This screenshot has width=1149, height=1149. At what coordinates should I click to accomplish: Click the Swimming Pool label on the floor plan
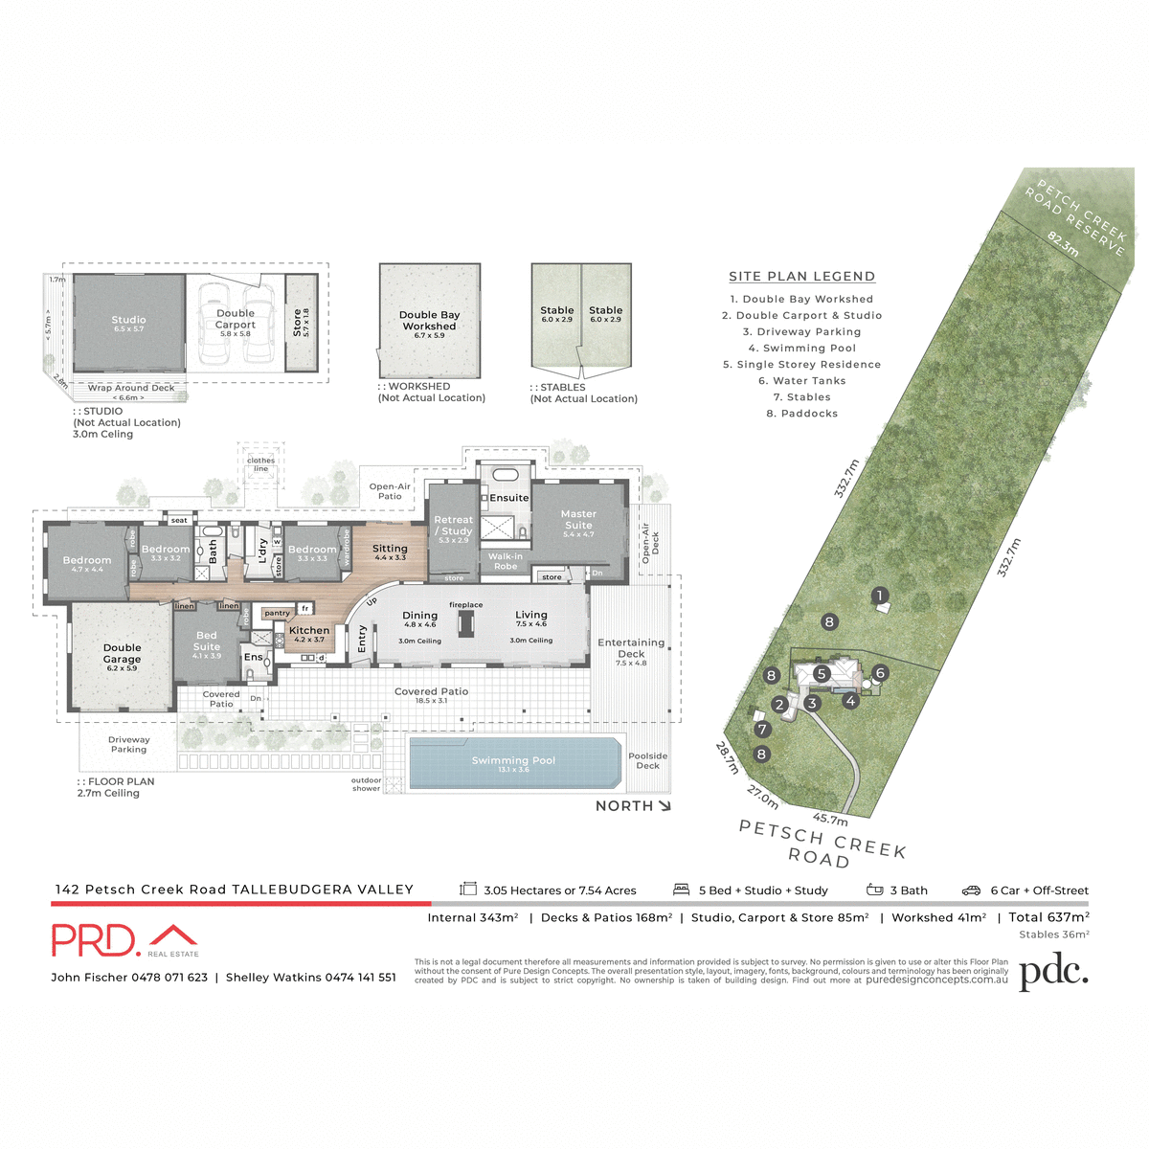tap(513, 761)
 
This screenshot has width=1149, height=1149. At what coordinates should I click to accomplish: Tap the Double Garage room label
tap(122, 654)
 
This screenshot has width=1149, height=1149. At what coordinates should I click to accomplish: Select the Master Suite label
tap(578, 520)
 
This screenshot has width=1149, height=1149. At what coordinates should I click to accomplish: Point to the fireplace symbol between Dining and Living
tap(466, 623)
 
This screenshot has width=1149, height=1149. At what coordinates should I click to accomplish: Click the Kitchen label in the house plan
tap(309, 631)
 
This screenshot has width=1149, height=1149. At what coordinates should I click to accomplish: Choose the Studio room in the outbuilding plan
tap(128, 321)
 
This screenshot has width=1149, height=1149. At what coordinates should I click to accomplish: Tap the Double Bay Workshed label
tap(430, 321)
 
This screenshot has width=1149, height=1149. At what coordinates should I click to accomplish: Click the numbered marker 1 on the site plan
tap(880, 596)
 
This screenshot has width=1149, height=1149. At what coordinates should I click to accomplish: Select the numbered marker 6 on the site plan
tap(880, 673)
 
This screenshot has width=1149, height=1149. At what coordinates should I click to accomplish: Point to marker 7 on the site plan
tap(762, 730)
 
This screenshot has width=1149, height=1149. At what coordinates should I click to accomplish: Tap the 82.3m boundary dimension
tap(1063, 244)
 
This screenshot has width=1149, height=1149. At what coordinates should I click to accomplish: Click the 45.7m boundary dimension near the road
tap(830, 820)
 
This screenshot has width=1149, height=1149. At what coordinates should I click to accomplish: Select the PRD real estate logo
tap(124, 940)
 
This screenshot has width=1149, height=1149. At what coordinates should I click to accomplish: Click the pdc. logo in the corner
tap(1053, 973)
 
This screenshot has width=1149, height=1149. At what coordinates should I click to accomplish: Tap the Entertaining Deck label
tap(631, 648)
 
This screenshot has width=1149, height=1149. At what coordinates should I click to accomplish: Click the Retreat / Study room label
tap(454, 526)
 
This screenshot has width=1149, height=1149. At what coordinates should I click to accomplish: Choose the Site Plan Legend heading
tap(801, 277)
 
